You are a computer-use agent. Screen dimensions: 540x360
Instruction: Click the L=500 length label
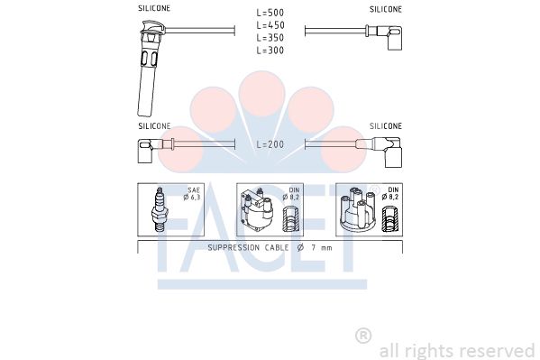[270, 13]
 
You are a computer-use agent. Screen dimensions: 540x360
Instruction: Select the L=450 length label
[270, 25]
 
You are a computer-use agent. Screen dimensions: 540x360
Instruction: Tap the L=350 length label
[270, 38]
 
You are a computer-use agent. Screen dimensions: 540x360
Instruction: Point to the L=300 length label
[270, 51]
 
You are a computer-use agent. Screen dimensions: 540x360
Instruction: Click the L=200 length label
[270, 144]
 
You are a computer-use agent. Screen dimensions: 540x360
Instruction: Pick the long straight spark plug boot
[149, 69]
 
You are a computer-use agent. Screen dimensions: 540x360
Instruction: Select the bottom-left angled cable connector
[151, 150]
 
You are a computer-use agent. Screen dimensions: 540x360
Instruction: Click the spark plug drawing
[159, 209]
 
